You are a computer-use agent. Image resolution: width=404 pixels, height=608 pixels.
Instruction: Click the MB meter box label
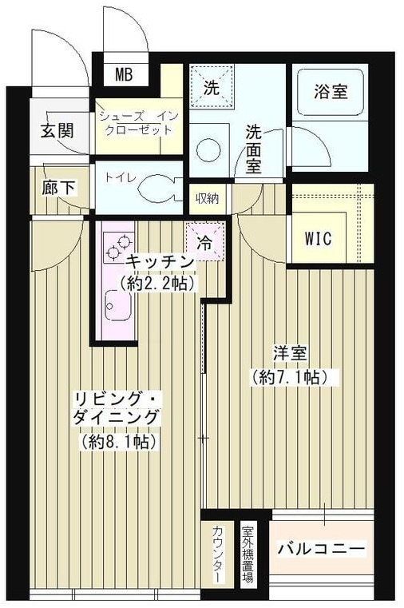pos(124,74)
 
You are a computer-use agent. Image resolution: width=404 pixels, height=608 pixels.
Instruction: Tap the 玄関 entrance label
pos(57,131)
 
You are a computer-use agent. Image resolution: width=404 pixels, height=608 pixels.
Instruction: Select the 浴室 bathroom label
pos(331,92)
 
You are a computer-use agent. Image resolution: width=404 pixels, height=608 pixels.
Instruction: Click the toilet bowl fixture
pos(156,188)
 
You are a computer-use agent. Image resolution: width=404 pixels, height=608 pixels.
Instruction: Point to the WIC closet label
pos(319,238)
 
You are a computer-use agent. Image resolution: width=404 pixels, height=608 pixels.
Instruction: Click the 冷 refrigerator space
pos(205,242)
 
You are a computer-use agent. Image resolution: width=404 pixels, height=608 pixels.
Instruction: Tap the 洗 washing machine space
pos(212,87)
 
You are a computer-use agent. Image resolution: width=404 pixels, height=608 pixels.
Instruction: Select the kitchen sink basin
pos(117,305)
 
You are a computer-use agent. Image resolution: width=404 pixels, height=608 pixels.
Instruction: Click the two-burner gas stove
pos(119,248)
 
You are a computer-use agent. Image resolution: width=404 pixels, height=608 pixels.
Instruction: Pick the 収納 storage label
pos(208,198)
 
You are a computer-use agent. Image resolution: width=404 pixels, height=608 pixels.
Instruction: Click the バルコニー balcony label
pos(321,549)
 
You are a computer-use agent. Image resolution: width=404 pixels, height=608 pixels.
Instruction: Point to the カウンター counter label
pos(218,554)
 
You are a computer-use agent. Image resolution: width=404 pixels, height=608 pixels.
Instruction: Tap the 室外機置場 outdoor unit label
pos(248,554)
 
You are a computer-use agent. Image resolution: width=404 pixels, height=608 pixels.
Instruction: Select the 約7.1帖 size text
pos(290,376)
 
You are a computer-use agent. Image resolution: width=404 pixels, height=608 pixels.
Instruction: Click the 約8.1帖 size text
pos(119,441)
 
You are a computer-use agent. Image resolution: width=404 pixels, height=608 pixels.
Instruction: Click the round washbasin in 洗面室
pos(208,150)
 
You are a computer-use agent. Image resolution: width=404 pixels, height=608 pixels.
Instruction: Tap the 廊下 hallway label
pos(59,188)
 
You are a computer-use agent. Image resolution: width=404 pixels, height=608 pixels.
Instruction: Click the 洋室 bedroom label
pos(290,353)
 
